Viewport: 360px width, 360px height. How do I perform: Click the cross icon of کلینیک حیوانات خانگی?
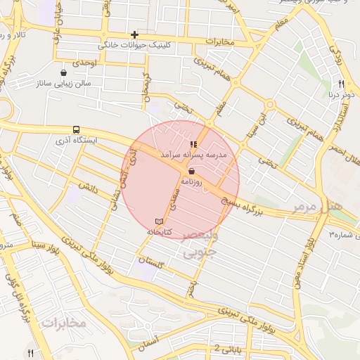point(134,34)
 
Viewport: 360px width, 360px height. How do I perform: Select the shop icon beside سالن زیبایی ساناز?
point(65,72)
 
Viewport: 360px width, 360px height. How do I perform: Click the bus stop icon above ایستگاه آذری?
point(75,129)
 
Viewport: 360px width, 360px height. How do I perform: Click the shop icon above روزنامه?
point(191,171)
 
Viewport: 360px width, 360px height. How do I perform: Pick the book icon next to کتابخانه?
point(158,221)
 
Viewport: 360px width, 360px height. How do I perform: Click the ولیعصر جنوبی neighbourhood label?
point(201,245)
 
